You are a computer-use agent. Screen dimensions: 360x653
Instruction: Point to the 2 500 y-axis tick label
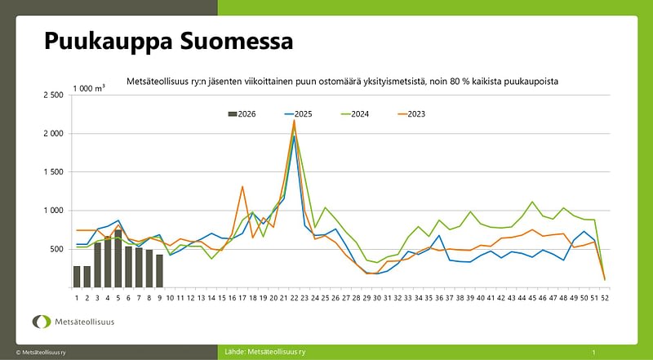(52, 96)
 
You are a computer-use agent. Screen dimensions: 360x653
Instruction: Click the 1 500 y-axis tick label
(52, 172)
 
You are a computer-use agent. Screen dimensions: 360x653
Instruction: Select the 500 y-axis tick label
(57, 249)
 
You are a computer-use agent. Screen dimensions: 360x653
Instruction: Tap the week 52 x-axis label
(604, 298)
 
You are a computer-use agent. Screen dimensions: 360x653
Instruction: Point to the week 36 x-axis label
(439, 298)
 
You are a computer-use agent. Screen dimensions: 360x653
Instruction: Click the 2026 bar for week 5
(118, 258)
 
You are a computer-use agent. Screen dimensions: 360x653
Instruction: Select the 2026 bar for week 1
(77, 277)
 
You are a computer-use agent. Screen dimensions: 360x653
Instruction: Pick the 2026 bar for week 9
(160, 271)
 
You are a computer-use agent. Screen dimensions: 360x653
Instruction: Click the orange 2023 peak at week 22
(294, 121)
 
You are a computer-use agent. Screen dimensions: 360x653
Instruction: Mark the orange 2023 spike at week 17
(242, 187)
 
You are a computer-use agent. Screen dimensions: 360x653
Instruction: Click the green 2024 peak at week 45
(532, 202)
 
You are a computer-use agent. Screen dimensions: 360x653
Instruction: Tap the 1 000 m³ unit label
(89, 87)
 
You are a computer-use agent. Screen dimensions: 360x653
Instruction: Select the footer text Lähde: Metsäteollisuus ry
(265, 351)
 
